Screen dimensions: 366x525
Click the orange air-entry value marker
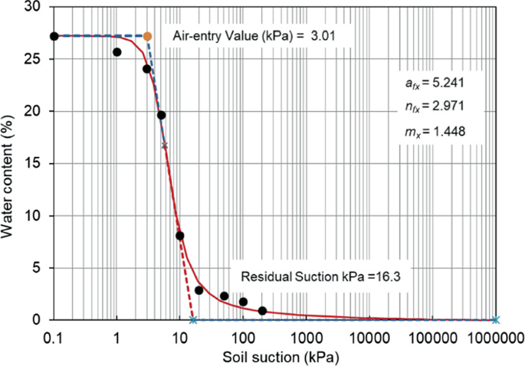tap(147, 36)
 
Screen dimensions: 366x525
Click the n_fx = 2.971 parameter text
tap(433, 106)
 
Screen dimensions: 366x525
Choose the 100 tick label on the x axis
tap(243, 336)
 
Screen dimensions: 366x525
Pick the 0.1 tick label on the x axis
tap(54, 336)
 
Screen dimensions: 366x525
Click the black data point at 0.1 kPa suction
tap(54, 36)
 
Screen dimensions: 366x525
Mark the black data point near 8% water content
tap(180, 236)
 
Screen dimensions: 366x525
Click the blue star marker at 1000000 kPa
tap(495, 320)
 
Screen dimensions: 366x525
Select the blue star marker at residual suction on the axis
tap(193, 320)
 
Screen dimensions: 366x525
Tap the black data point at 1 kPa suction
tap(117, 52)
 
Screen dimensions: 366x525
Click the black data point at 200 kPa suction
tap(262, 311)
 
